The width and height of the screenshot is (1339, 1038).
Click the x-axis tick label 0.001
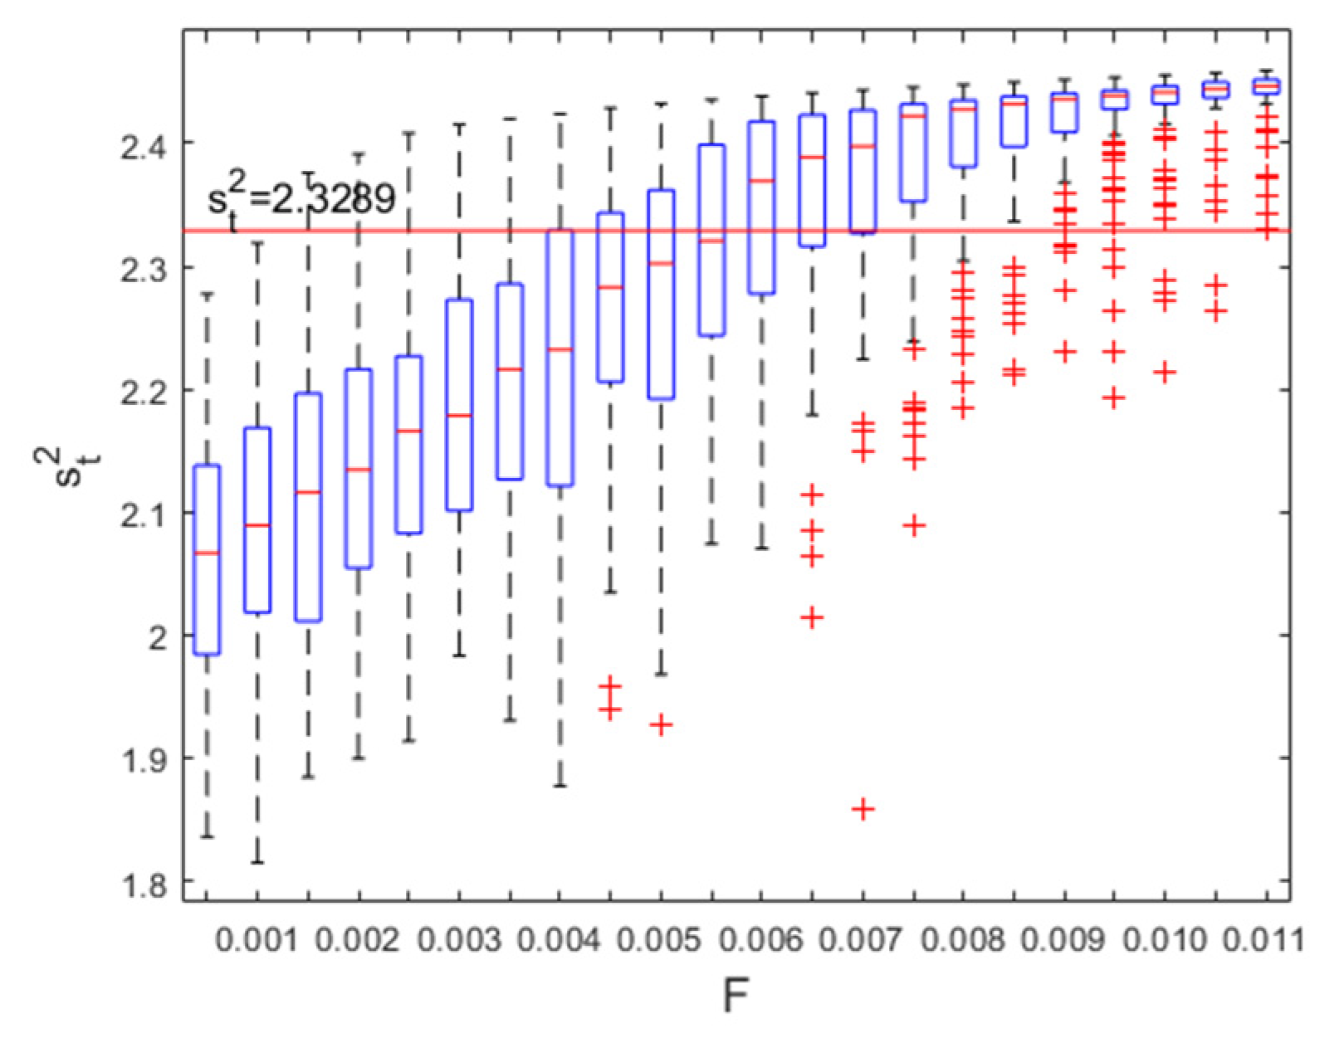pos(257,941)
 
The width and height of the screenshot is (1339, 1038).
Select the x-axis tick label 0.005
pos(661,941)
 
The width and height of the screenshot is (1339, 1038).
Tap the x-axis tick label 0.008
pos(964,941)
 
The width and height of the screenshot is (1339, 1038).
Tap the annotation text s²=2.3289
pos(301,200)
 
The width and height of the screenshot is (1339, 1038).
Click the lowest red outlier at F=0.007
pos(863,808)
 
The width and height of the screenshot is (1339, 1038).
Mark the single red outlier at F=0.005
pos(661,724)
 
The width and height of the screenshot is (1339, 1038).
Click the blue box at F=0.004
pos(560,358)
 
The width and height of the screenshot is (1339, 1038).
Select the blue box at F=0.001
pos(257,520)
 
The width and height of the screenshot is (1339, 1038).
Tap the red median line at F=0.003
pos(459,415)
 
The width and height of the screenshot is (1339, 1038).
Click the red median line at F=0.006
pos(762,180)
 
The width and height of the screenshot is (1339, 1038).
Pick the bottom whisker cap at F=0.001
pos(257,863)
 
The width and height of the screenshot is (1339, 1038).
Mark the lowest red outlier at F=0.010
pos(1166,372)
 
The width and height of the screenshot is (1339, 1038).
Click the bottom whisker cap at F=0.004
pos(560,785)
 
